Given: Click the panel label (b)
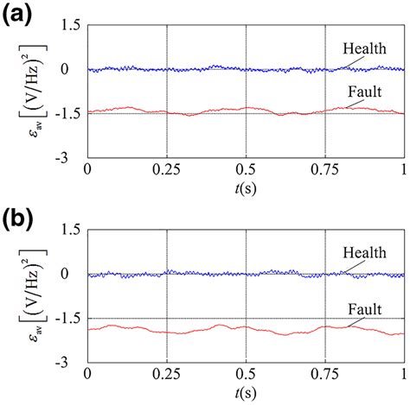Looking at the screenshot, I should (x=17, y=216).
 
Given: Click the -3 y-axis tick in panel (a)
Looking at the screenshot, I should (x=72, y=159).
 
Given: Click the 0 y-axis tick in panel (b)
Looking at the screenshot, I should (x=74, y=275).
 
